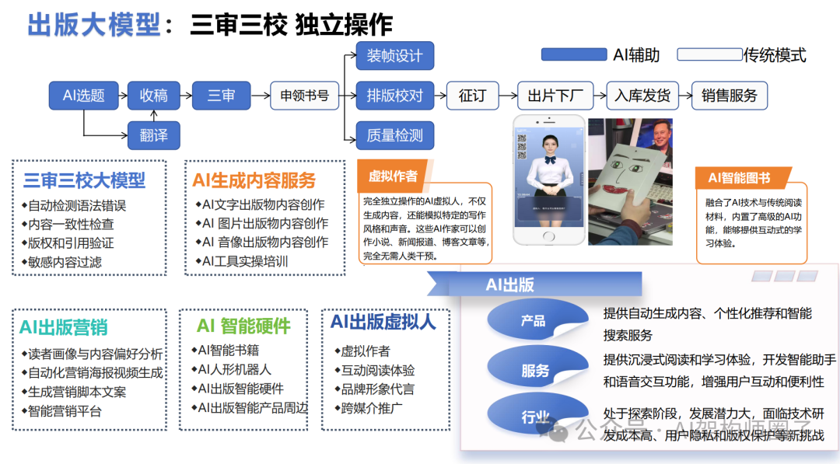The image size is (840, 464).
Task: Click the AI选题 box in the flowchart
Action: tap(83, 96)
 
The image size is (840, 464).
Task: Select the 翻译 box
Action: tap(154, 135)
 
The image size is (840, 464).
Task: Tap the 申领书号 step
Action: tap(305, 96)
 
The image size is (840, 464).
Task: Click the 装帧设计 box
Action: tap(394, 56)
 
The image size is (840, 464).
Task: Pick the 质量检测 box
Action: tap(394, 135)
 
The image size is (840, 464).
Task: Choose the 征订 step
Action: tap(472, 96)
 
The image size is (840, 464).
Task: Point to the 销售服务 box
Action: tap(729, 96)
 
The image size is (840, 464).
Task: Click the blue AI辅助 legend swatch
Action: tap(573, 54)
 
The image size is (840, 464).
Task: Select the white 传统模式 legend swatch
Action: tap(709, 54)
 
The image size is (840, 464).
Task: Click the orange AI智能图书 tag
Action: tap(739, 178)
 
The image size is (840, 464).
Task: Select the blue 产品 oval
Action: tap(534, 320)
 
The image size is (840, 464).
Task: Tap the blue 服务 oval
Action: tap(535, 371)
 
